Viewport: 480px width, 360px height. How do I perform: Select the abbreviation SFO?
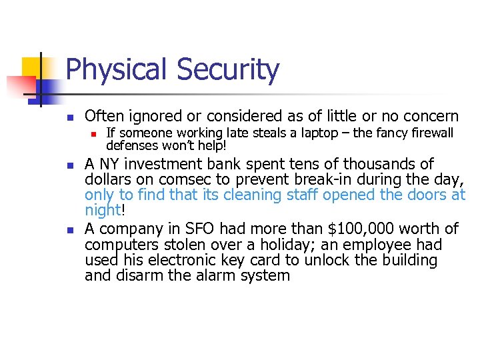[x=197, y=229]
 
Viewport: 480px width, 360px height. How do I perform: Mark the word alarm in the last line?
[x=210, y=275]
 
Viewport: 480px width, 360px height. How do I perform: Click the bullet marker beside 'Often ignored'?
[x=69, y=117]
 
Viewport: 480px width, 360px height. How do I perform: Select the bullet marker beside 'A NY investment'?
[x=69, y=165]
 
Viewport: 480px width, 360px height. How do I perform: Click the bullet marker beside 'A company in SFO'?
[x=69, y=230]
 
